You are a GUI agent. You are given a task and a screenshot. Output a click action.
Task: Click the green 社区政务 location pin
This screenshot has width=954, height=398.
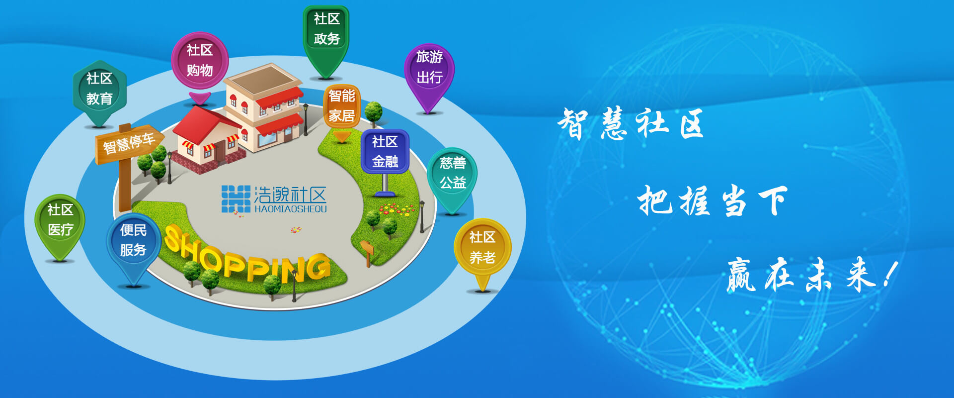click(x=326, y=40)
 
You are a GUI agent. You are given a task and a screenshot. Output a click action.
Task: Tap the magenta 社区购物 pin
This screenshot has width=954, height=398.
click(x=200, y=65)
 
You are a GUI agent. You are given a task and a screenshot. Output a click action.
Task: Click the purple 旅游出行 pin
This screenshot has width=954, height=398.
click(x=429, y=75)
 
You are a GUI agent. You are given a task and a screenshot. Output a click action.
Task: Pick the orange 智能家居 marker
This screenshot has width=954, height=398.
click(x=342, y=109)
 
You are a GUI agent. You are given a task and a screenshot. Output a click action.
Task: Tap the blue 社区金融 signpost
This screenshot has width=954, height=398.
click(x=385, y=154)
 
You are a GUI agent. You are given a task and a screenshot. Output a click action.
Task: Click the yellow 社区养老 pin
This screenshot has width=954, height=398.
click(x=482, y=251)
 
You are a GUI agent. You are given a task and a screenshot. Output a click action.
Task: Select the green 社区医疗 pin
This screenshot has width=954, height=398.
click(x=60, y=224)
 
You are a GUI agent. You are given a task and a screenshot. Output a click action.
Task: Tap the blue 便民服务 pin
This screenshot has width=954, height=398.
click(x=133, y=246)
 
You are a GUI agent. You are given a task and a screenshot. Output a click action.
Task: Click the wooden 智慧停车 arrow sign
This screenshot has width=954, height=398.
click(x=129, y=144)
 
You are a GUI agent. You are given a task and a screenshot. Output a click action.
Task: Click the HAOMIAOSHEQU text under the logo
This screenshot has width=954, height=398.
click(x=291, y=209)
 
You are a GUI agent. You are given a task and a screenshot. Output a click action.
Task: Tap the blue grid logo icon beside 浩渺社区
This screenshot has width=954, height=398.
click(x=236, y=199)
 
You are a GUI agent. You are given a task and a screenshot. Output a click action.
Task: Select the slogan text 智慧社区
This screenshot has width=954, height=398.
click(x=631, y=124)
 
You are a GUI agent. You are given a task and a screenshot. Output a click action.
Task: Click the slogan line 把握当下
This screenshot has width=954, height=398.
click(x=713, y=200)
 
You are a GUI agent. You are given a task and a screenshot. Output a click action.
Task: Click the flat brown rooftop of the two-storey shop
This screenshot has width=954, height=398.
click(x=263, y=80)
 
